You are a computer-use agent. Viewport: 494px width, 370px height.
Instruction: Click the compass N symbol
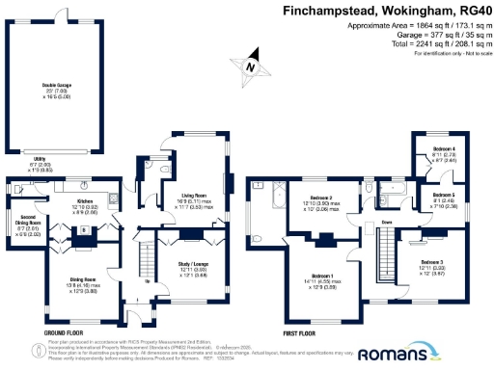pyautogui.click(x=251, y=67)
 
